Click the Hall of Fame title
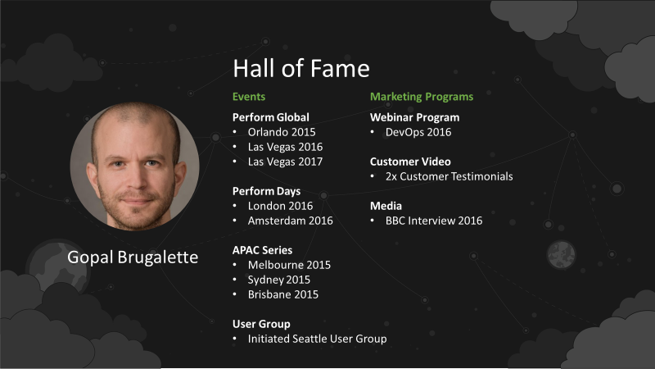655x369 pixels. [301, 68]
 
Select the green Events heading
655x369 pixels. [249, 97]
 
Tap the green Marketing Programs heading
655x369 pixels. [422, 97]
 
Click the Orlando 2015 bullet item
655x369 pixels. [282, 132]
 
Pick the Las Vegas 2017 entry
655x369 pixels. [285, 162]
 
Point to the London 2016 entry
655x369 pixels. [280, 206]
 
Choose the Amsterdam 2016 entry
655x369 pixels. [291, 221]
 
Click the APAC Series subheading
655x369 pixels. [262, 250]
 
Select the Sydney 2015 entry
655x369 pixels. [279, 280]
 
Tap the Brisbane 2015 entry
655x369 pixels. [283, 294]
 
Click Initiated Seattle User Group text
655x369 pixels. [318, 339]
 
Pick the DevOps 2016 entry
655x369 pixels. [418, 132]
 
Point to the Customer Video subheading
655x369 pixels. [410, 162]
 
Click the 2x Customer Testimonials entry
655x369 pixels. [449, 176]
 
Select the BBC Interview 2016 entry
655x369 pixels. [434, 221]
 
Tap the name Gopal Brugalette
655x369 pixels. [133, 257]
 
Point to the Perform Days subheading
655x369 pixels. [267, 191]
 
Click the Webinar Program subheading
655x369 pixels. [415, 117]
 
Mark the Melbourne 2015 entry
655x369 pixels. [289, 265]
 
